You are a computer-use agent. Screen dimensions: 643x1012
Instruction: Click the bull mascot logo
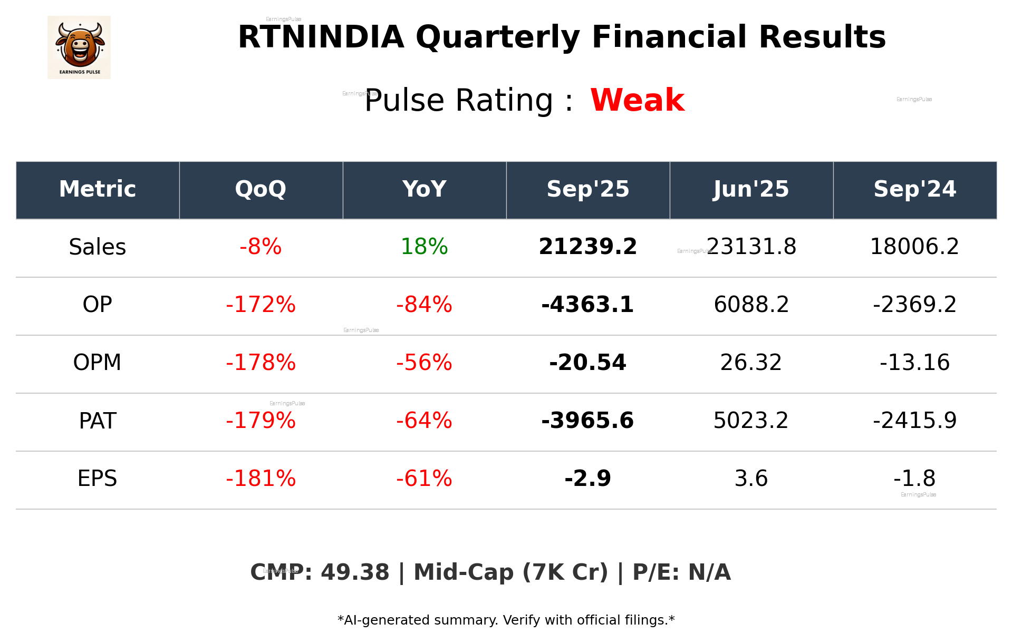point(79,47)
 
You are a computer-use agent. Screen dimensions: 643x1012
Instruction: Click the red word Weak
point(637,100)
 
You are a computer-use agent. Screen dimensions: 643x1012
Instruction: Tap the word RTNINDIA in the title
point(321,37)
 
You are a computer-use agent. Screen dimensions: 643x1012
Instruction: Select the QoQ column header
point(261,189)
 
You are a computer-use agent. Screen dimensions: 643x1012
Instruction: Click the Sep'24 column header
point(914,189)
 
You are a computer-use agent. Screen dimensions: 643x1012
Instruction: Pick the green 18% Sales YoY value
point(424,247)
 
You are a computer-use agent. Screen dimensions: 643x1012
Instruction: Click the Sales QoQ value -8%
point(261,247)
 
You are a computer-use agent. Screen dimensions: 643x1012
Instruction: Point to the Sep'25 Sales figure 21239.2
point(587,247)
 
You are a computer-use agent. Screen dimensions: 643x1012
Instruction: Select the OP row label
point(98,305)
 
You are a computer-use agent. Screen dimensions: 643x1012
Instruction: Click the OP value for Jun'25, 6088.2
point(751,305)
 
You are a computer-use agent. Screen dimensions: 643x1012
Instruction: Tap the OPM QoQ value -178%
point(261,363)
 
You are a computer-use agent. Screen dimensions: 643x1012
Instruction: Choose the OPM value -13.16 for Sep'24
point(914,363)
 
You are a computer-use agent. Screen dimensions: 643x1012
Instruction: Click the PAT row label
point(98,421)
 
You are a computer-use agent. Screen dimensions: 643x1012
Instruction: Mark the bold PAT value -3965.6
point(587,421)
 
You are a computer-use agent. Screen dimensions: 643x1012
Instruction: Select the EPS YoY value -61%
point(424,479)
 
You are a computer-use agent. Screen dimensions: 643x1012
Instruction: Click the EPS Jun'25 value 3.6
point(751,479)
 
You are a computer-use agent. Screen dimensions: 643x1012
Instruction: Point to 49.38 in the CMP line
point(355,572)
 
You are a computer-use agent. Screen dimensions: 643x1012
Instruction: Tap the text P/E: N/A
point(681,572)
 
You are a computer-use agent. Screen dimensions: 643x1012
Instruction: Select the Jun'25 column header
point(751,189)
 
